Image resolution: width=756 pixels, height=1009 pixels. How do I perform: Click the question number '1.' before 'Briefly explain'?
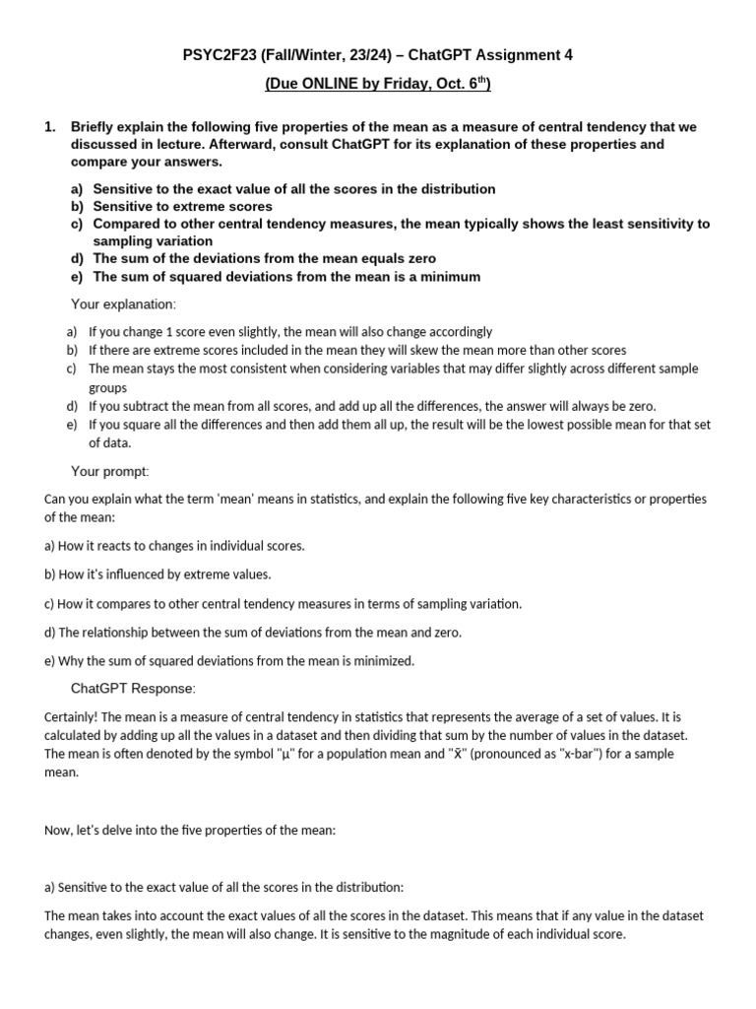point(51,127)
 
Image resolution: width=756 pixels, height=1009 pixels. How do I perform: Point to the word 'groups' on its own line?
point(108,388)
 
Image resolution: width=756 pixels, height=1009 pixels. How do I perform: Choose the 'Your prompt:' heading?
point(110,471)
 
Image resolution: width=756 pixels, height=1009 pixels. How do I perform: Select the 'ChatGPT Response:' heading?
point(133,687)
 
